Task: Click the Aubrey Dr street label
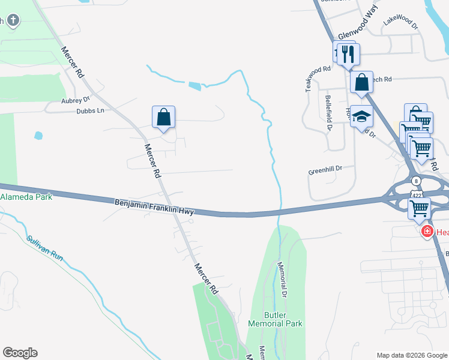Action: click(75, 100)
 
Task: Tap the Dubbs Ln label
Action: click(90, 111)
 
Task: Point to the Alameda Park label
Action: click(26, 197)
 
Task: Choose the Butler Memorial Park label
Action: click(275, 319)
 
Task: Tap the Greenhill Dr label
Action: click(325, 170)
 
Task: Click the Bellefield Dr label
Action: click(329, 112)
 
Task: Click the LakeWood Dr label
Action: click(400, 23)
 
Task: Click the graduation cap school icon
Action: click(361, 115)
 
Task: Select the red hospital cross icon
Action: click(427, 232)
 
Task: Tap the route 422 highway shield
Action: click(415, 194)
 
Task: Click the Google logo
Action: click(20, 353)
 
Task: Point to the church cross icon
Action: click(13, 22)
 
